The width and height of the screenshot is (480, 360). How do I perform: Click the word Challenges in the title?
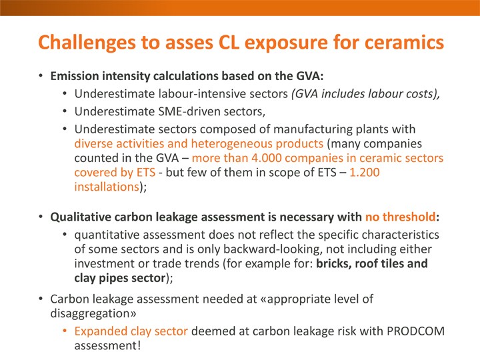coord(87,43)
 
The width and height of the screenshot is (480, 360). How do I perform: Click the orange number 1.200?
coord(364,173)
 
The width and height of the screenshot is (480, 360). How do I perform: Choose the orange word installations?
coord(107,187)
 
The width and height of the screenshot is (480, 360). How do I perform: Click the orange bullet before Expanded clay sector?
coord(65,330)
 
